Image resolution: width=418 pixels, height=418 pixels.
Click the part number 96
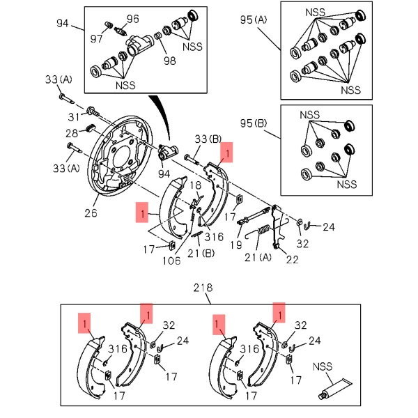(x=132, y=18)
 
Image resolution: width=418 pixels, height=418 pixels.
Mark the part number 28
(x=72, y=132)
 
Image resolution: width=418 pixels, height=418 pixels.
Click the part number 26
(x=91, y=213)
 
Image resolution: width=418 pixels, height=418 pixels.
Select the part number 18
(x=196, y=185)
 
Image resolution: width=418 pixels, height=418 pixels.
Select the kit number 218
(x=203, y=287)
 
